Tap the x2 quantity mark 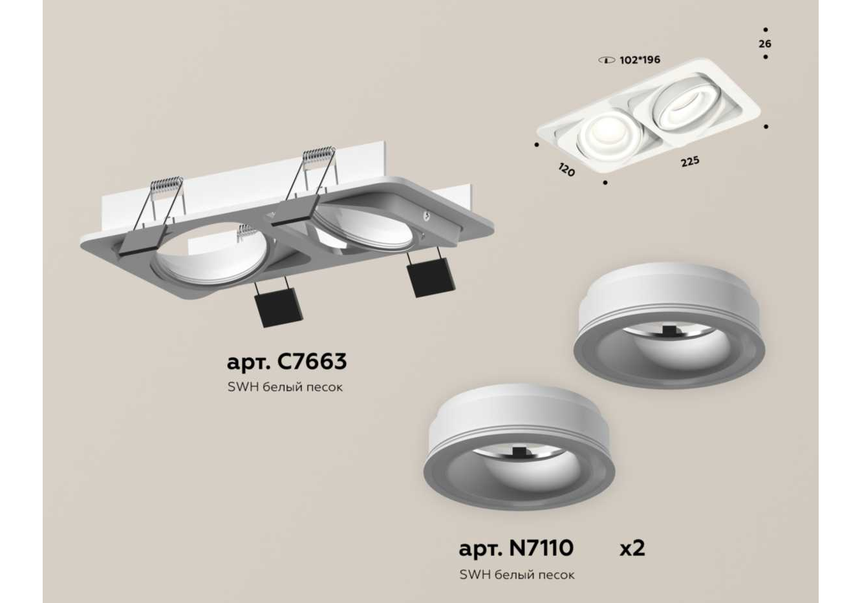tap(632, 549)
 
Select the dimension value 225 tap(690, 162)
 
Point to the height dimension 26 tap(765, 44)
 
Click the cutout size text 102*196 tap(640, 60)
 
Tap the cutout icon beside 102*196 tap(607, 60)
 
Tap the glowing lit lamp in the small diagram tap(610, 136)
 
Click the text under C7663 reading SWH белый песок tap(285, 387)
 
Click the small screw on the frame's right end tap(426, 216)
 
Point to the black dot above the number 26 tap(766, 30)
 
